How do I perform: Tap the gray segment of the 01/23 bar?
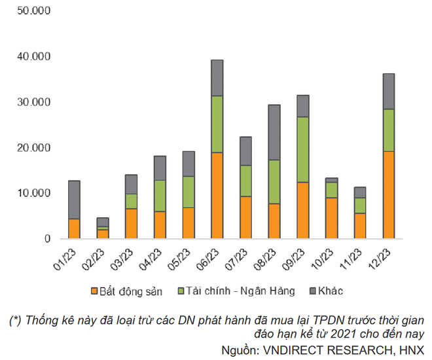(74, 200)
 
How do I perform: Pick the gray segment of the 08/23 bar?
(274, 132)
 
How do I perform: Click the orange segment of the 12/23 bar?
(389, 194)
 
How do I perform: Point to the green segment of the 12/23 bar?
(389, 130)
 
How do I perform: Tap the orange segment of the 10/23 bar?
(331, 218)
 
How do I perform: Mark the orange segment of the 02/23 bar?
(103, 234)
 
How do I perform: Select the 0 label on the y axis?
(47, 239)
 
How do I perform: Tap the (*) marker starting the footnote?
(16, 321)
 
